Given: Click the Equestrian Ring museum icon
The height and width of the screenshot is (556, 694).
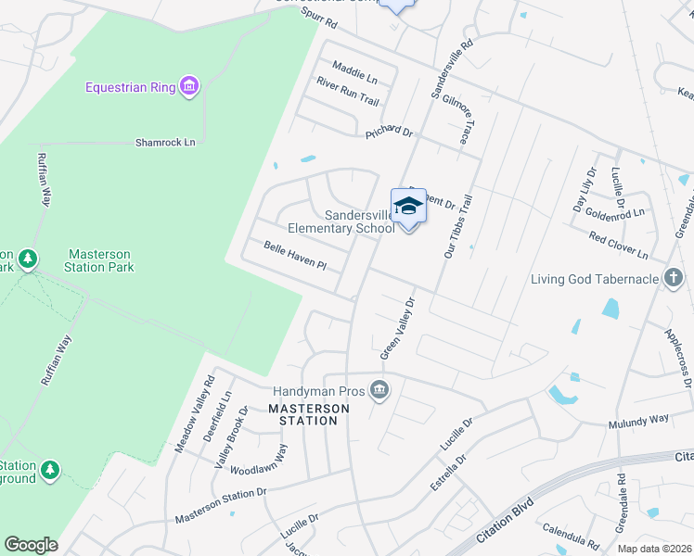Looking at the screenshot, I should click(189, 87).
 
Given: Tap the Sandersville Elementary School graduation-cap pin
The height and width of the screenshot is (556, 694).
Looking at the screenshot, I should click(407, 206).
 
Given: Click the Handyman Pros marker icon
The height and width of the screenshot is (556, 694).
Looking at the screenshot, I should click(379, 392).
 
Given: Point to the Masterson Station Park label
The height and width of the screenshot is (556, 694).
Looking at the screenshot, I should click(99, 260).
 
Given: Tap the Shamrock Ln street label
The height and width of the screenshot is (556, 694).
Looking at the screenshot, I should click(166, 142).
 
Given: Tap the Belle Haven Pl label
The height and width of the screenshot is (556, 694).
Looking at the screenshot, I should click(295, 257).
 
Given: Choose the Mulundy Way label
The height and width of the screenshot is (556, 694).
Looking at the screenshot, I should click(637, 421).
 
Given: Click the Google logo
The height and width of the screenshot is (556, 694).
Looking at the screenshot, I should click(31, 545).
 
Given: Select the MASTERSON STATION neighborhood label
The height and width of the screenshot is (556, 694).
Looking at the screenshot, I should click(303, 414).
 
